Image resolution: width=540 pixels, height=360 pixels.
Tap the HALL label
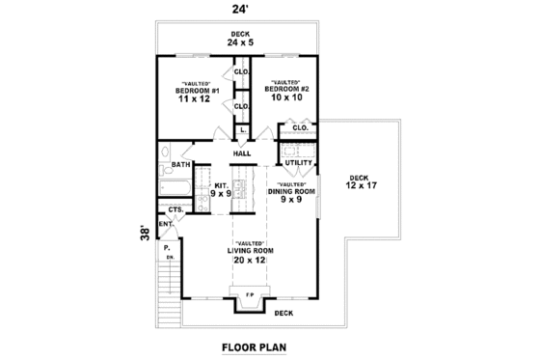pos(242,152)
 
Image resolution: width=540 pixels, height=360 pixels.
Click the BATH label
pos(180,164)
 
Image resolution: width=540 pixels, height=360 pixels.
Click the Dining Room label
pos(291,193)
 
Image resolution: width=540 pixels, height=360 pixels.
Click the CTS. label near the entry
pos(175,208)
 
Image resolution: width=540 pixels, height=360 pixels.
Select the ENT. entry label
pos(166,224)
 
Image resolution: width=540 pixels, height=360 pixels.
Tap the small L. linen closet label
pos(242,129)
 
